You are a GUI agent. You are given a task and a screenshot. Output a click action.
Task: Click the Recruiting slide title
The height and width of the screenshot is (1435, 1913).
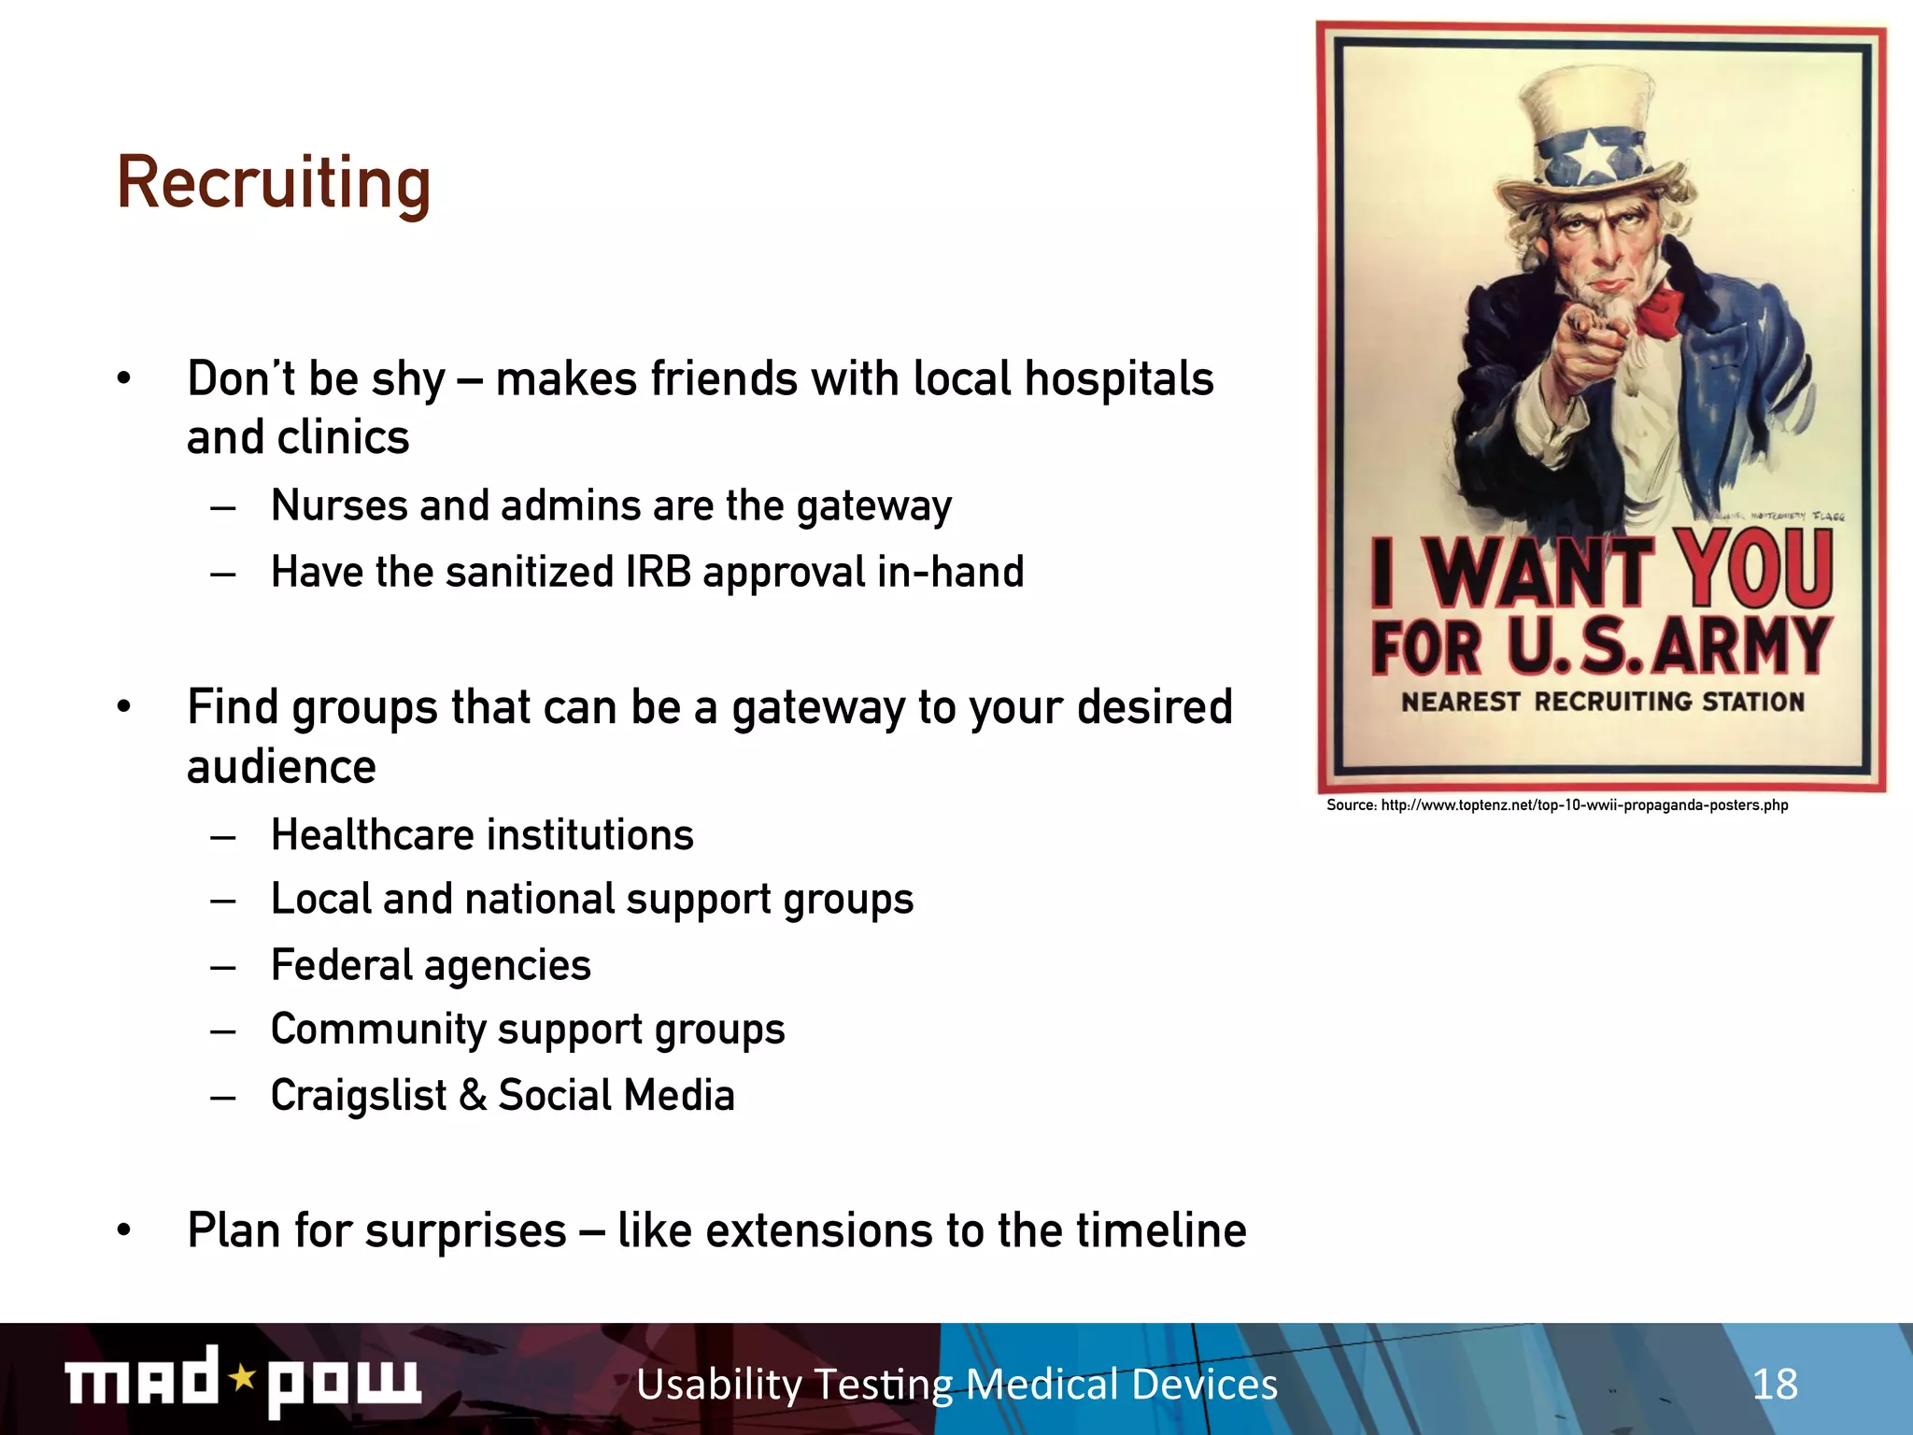(274, 183)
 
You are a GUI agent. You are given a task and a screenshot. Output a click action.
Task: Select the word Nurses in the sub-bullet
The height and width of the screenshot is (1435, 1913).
(339, 506)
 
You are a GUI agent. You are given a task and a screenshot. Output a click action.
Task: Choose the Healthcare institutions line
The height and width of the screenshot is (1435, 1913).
(482, 835)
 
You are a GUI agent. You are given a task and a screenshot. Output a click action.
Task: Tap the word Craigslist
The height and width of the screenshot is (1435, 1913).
(359, 1096)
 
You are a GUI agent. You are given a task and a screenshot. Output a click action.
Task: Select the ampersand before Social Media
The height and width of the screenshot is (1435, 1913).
(474, 1096)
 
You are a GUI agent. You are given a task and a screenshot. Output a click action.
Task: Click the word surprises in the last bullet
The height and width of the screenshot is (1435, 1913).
(465, 1231)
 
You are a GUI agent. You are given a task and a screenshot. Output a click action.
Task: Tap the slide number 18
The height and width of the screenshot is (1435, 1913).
(1774, 1384)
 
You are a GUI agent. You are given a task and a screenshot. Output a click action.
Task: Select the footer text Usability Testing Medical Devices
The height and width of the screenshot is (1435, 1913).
(956, 1384)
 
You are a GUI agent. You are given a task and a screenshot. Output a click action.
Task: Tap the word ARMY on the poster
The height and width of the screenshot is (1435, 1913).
(1739, 646)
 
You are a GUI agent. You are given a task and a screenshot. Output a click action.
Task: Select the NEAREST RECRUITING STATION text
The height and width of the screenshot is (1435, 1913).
(1602, 702)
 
